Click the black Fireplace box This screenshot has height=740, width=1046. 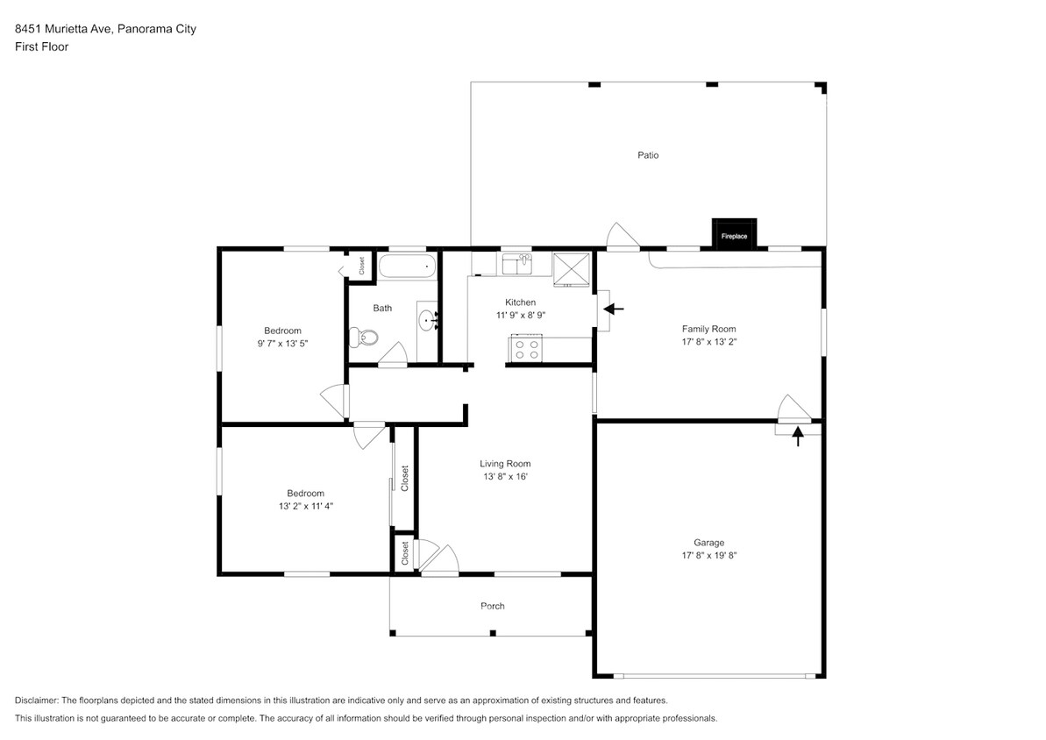[x=734, y=235]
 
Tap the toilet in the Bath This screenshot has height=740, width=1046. [x=363, y=336]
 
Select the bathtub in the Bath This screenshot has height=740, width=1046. [x=406, y=267]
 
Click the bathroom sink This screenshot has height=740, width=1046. [x=427, y=321]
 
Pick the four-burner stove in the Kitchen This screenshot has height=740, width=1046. [x=526, y=349]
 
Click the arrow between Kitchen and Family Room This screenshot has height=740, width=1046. [x=614, y=309]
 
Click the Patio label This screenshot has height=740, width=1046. [x=648, y=155]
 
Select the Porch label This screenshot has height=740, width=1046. [x=493, y=606]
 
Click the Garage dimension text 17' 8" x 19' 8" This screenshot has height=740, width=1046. [x=709, y=555]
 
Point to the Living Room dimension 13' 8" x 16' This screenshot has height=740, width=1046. [x=505, y=477]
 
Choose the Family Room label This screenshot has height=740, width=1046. [x=708, y=330]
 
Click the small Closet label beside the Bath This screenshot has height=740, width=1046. [x=361, y=266]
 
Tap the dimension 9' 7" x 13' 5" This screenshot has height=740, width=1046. [x=282, y=344]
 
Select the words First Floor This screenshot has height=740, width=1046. [x=41, y=47]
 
